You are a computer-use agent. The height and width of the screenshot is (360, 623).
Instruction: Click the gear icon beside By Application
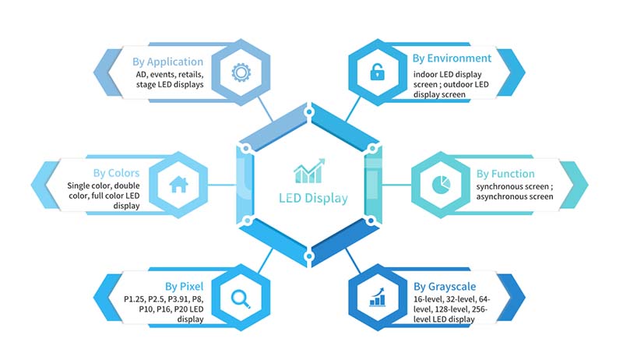tap(241, 72)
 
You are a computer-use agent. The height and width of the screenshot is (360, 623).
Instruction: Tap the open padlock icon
tap(377, 72)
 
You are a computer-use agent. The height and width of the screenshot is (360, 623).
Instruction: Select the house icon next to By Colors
tap(178, 185)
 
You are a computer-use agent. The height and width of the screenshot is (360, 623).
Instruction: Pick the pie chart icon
tap(441, 185)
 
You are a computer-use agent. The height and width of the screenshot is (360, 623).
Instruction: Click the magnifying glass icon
tap(241, 298)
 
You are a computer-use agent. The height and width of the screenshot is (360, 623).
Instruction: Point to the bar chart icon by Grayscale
tap(377, 297)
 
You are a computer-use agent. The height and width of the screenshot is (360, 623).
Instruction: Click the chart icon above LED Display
tap(309, 171)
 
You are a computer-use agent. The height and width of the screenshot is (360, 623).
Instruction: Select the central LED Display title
tap(313, 198)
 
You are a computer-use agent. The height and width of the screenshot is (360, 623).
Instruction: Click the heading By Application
tap(167, 62)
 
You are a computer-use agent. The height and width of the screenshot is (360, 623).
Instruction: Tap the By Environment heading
tap(452, 58)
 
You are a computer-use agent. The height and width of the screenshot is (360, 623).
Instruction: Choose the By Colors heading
tap(116, 173)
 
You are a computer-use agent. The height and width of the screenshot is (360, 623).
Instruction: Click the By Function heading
tap(505, 174)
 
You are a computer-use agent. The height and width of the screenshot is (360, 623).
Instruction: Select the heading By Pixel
tap(184, 287)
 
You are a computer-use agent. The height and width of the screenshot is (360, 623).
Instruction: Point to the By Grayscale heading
tap(445, 287)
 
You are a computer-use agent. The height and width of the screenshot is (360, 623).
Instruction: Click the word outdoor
tap(458, 85)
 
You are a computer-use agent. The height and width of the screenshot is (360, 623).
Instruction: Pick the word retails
tap(191, 75)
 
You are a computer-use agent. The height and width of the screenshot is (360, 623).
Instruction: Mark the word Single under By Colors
tap(78, 186)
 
